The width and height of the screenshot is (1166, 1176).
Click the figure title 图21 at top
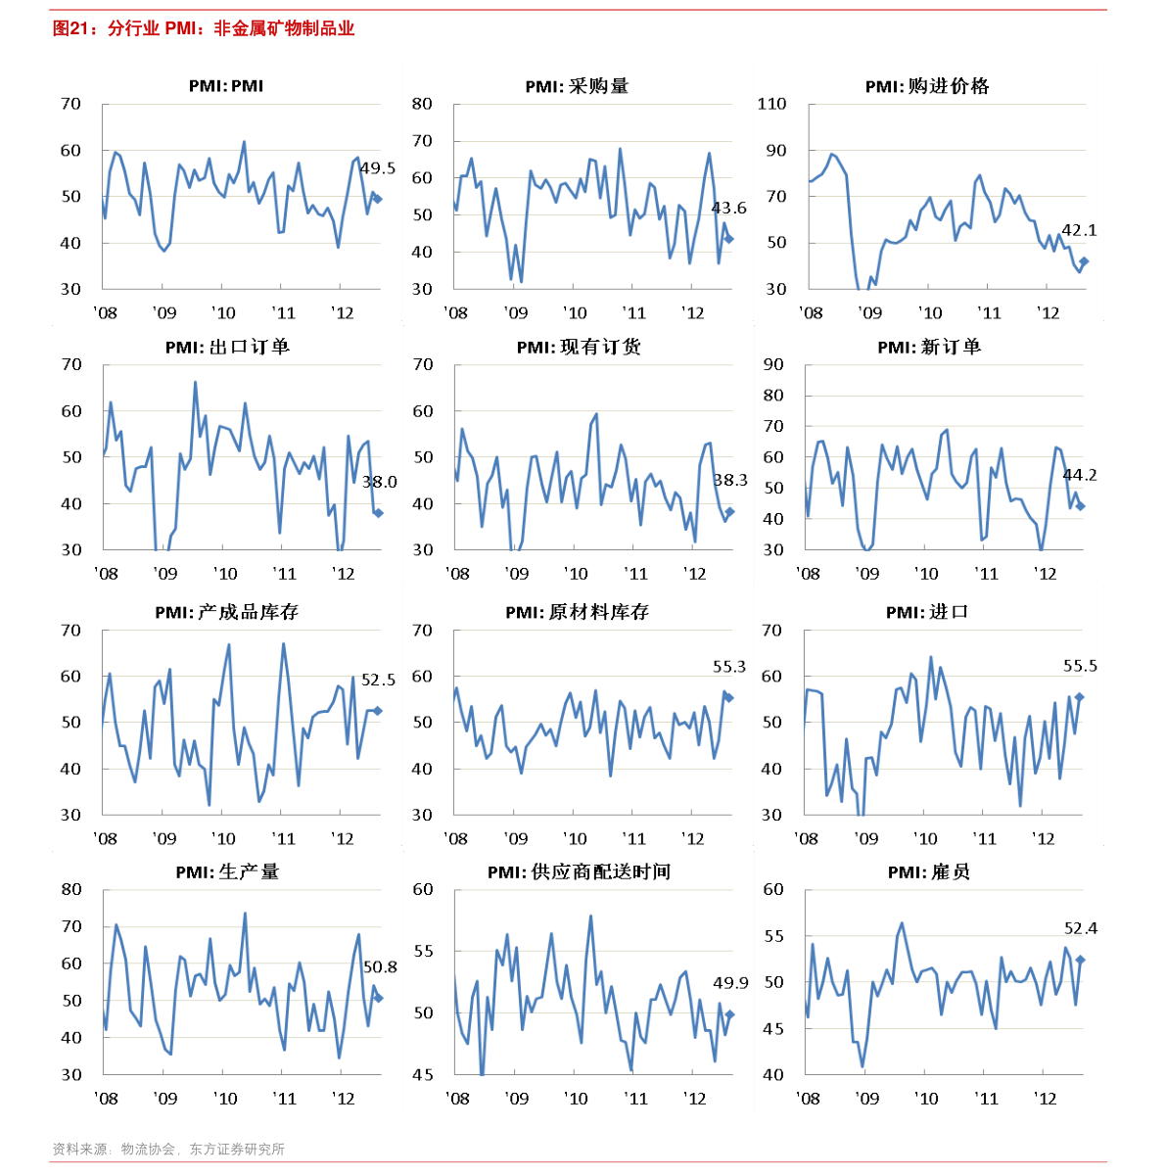coord(70,28)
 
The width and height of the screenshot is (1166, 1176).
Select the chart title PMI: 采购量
coord(577,86)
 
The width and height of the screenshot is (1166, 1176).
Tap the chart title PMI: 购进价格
coord(927,86)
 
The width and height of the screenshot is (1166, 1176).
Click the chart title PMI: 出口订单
coord(227,347)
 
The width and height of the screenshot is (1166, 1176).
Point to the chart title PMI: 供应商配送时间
coord(579,872)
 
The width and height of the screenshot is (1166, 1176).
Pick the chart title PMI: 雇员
coord(928,872)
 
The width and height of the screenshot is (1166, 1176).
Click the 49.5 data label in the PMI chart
coord(377,167)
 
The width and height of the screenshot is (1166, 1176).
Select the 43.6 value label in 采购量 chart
coord(728,208)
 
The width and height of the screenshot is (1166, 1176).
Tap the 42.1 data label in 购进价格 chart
coord(1079,230)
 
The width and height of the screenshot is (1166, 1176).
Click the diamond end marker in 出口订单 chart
coord(379,513)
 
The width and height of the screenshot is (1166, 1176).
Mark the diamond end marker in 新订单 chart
coord(1081,506)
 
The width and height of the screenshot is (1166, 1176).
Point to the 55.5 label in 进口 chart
coord(1080,666)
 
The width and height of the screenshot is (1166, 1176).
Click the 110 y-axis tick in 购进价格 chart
coord(771,104)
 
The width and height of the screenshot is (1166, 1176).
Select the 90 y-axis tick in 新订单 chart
coord(773,364)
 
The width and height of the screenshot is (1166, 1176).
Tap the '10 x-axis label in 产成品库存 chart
coord(223,839)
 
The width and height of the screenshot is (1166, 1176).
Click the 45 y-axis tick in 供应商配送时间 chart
coord(423,1075)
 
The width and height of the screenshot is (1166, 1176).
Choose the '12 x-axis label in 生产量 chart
coord(343,1099)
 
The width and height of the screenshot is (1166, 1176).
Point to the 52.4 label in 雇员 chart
coord(1081,928)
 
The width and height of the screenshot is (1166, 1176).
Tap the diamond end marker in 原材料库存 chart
coord(729,697)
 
